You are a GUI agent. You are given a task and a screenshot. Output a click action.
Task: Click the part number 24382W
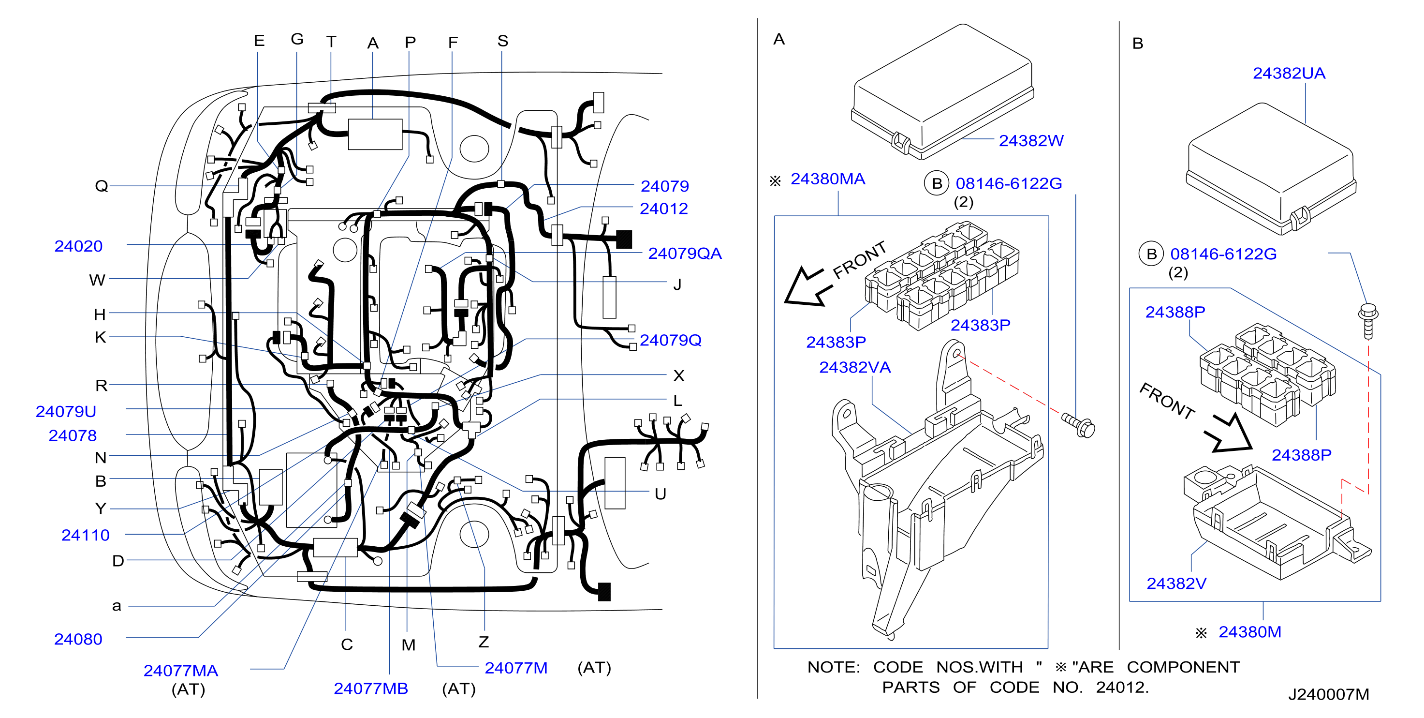tap(1031, 140)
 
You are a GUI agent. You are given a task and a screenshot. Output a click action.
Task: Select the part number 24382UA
tap(1289, 73)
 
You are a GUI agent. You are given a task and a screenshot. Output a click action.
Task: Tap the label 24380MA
tap(827, 179)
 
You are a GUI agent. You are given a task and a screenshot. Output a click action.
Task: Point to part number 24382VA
tap(854, 367)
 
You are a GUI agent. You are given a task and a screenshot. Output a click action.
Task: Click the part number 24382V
tap(1176, 583)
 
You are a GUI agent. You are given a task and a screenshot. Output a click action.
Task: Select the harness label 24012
tap(663, 208)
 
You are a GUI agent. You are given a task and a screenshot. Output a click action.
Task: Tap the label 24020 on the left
tap(78, 246)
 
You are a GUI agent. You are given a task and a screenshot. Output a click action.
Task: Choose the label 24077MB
tap(370, 688)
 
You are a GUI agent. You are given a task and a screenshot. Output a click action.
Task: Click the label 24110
tap(85, 535)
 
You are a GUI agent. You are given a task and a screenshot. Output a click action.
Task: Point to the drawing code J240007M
tap(1328, 694)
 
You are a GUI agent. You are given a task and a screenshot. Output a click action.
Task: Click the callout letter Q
tap(101, 185)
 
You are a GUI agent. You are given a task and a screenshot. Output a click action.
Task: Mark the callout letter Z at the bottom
tap(484, 642)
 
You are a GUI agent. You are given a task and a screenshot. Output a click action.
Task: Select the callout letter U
tap(660, 494)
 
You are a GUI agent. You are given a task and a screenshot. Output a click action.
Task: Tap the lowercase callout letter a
tap(117, 606)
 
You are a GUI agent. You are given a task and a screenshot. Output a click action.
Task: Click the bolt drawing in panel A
tap(1078, 425)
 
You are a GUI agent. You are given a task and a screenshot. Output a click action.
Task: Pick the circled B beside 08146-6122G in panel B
tap(1151, 254)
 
